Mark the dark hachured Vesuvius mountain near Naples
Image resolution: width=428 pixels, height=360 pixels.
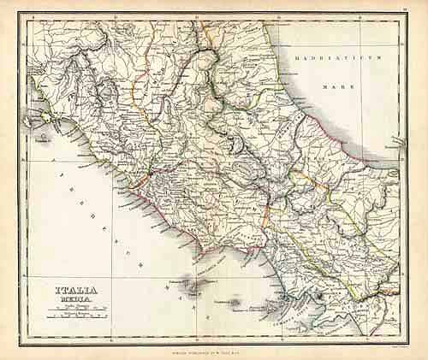[x=318, y=297]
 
